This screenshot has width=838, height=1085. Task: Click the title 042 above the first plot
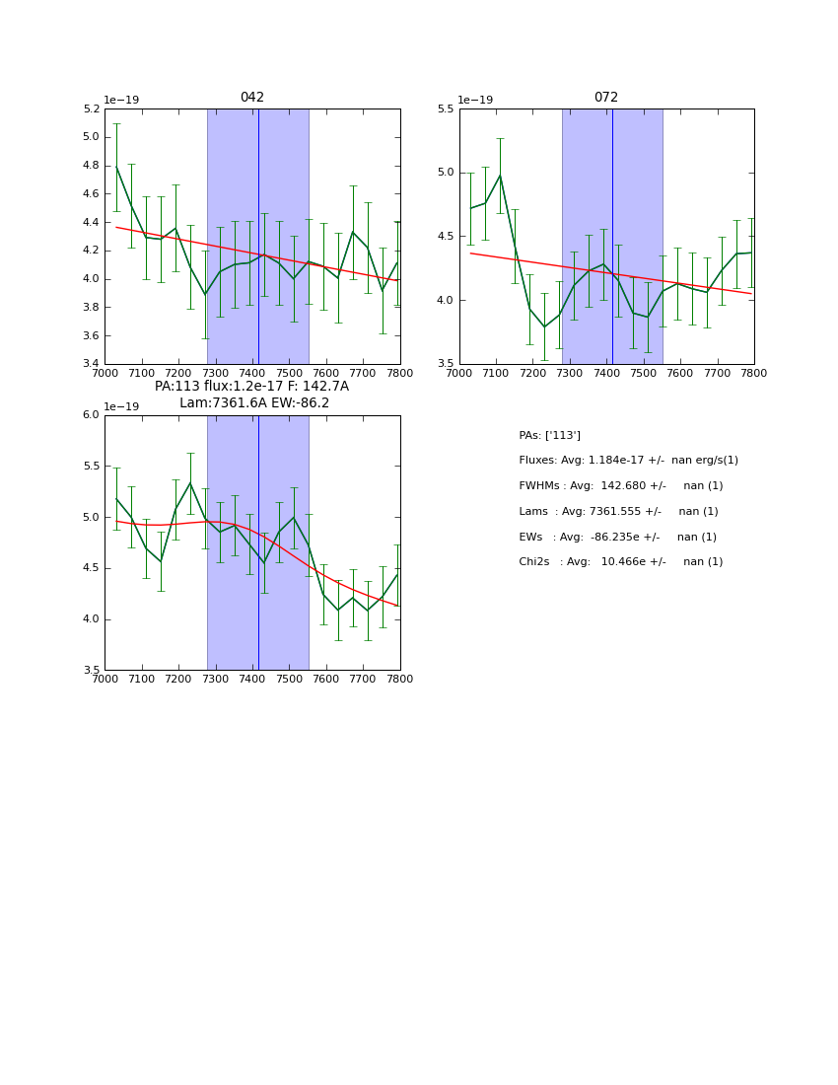coord(252,98)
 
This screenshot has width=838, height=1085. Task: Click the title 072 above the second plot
coord(606,98)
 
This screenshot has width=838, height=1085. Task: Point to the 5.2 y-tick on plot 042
coord(91,108)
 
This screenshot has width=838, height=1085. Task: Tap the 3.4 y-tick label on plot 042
coord(91,364)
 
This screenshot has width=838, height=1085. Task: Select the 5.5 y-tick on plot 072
coord(446,108)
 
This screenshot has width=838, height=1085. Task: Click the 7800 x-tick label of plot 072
coord(754,373)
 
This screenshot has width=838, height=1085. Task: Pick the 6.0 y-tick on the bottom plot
coord(91,414)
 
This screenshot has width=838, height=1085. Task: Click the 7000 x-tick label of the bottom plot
coord(105,679)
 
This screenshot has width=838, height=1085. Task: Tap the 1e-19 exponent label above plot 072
coord(475,100)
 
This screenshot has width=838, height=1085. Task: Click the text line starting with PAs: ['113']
coord(549,435)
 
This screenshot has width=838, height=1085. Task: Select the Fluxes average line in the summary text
coord(628,461)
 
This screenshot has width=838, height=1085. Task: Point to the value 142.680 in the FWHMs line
coord(619,486)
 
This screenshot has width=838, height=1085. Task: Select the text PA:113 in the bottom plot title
coord(176,387)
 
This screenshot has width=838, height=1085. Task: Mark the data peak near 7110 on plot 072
coord(500,176)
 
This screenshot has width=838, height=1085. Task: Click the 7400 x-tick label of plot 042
coord(252,373)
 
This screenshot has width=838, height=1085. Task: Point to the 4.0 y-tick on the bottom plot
coord(91,619)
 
